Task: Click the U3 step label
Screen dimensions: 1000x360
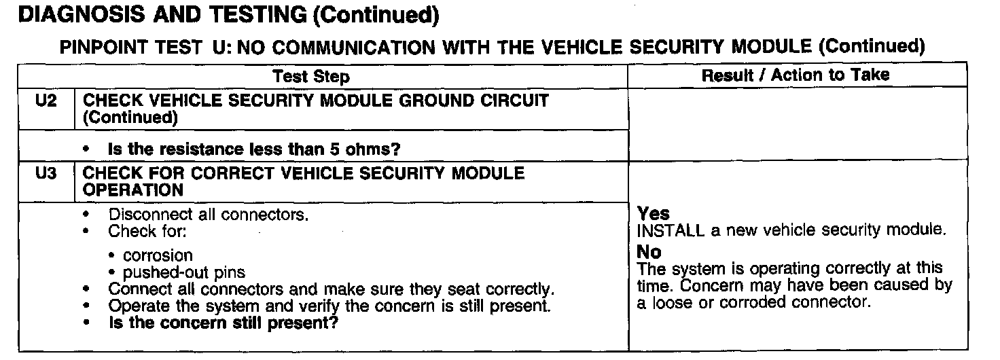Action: tap(43, 174)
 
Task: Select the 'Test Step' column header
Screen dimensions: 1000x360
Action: tap(311, 77)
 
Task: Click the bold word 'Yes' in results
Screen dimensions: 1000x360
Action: tap(654, 215)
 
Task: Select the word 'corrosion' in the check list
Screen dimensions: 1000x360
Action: tap(158, 256)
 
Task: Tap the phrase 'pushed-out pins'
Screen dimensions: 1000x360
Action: tap(183, 273)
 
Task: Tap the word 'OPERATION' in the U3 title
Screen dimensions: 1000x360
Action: tap(132, 190)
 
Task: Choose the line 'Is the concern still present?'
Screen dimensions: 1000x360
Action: tap(224, 323)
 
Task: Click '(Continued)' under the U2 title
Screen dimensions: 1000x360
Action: tap(130, 118)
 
